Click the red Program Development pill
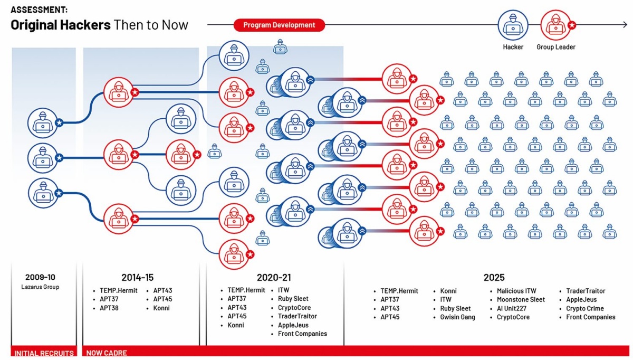click(279, 25)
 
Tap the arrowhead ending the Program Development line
click(625, 25)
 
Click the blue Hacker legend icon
click(513, 25)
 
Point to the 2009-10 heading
click(40, 277)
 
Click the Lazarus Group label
click(40, 287)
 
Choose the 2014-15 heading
click(137, 278)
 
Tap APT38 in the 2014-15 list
click(109, 308)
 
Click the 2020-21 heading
click(274, 278)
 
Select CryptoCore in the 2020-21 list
click(294, 307)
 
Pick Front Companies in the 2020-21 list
click(302, 334)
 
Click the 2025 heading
click(494, 278)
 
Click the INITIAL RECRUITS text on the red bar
click(44, 353)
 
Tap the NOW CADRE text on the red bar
click(107, 353)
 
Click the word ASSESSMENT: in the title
click(39, 10)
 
